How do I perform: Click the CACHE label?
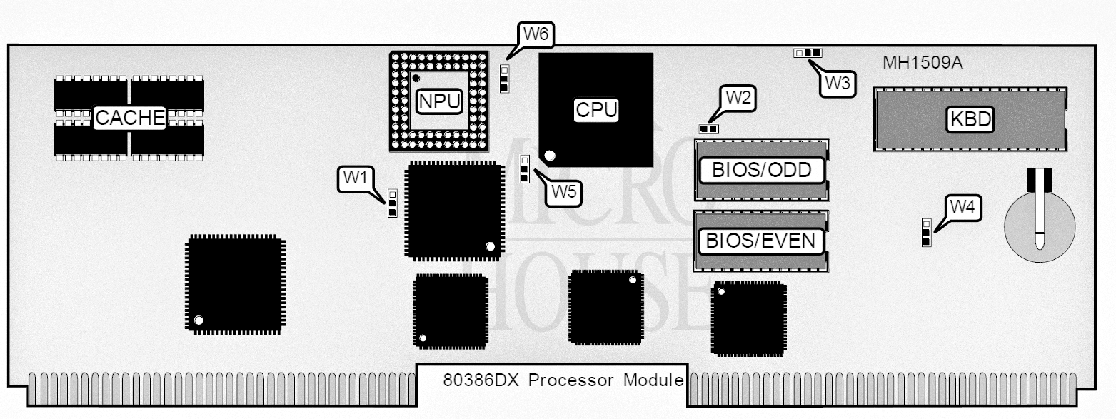coord(129,118)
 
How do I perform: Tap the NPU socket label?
coord(439,101)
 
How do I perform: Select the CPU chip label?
coord(596,110)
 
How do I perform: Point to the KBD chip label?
coord(970,119)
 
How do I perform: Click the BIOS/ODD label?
coord(762,171)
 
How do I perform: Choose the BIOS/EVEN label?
coord(760,241)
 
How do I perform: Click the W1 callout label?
coord(356,177)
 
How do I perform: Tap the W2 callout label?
coord(738,98)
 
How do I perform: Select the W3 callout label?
coord(838,83)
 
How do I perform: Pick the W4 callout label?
coord(962,207)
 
